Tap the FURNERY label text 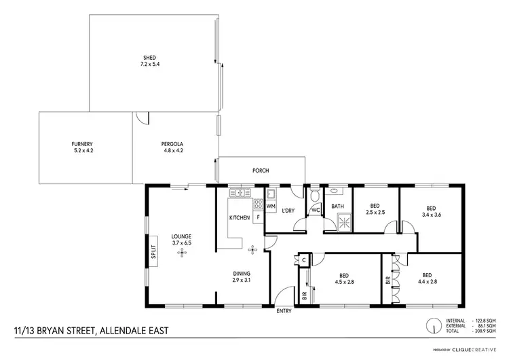tap(81, 144)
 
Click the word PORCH tap(261, 170)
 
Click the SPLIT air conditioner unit tap(153, 252)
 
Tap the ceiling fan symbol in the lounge tap(181, 253)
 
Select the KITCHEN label tap(239, 217)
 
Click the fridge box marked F tap(259, 217)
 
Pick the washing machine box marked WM tap(271, 205)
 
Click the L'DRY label tap(288, 211)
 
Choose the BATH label tap(337, 206)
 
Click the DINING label tap(242, 273)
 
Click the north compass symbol tap(432, 326)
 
